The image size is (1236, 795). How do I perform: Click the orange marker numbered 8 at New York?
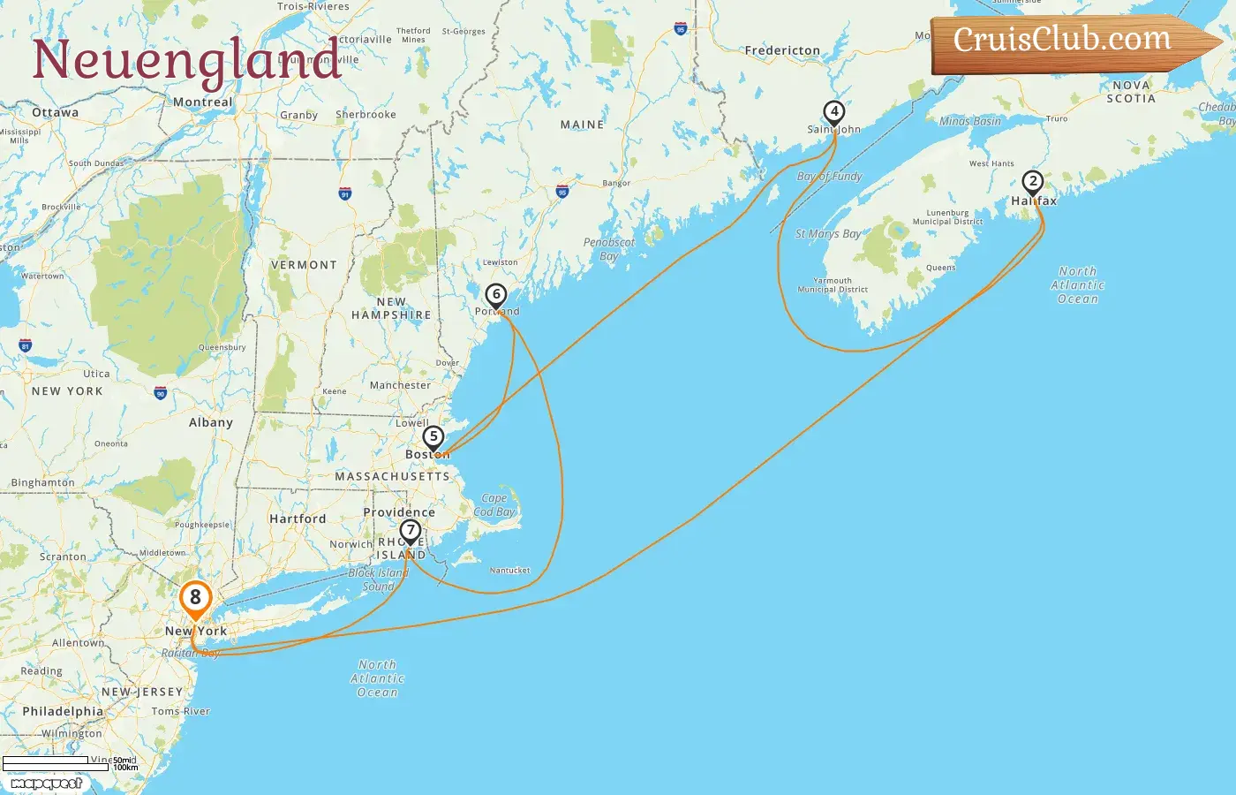pyautogui.click(x=195, y=598)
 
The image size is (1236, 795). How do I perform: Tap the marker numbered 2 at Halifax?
pyautogui.click(x=1032, y=182)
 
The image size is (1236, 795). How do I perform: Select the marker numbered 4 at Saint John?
pyautogui.click(x=833, y=112)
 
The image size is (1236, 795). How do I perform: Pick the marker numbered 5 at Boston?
pyautogui.click(x=433, y=437)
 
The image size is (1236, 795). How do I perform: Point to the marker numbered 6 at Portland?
pyautogui.click(x=496, y=295)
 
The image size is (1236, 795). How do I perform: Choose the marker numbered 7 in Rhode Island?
pyautogui.click(x=410, y=531)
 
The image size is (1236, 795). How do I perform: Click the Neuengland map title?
pyautogui.click(x=186, y=60)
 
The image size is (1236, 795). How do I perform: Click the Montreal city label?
pyautogui.click(x=203, y=102)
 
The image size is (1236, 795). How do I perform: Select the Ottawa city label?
pyautogui.click(x=55, y=113)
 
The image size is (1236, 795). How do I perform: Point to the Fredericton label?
pyautogui.click(x=782, y=51)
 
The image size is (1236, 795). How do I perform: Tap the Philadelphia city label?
pyautogui.click(x=63, y=711)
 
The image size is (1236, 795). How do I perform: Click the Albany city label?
pyautogui.click(x=211, y=422)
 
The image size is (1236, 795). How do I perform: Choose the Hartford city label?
pyautogui.click(x=298, y=519)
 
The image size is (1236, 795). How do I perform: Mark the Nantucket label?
pyautogui.click(x=510, y=571)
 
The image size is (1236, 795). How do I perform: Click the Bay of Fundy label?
pyautogui.click(x=829, y=177)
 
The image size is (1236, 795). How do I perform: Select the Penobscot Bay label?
pyautogui.click(x=609, y=249)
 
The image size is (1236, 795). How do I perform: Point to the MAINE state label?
pyautogui.click(x=582, y=125)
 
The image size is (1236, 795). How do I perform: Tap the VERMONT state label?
pyautogui.click(x=304, y=265)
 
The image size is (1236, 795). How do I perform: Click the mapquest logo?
pyautogui.click(x=46, y=784)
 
